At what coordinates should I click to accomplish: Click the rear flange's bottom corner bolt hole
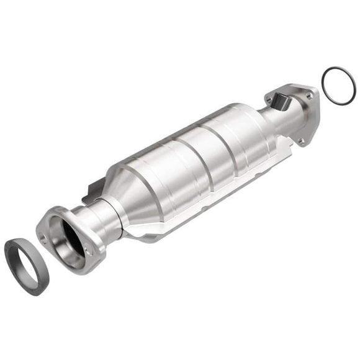click(x=302, y=142)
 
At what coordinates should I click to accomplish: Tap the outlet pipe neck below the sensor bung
click(x=279, y=121)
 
